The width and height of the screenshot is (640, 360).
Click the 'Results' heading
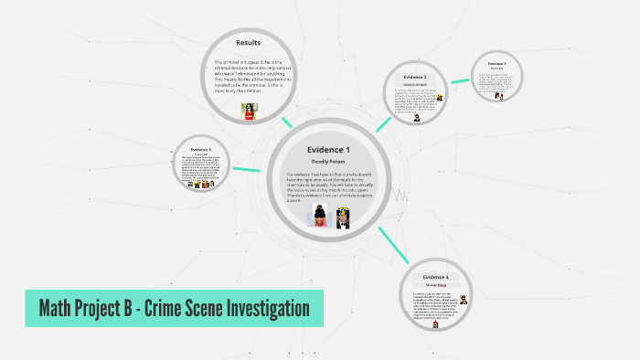(x=249, y=43)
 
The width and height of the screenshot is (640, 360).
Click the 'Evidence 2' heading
(x=416, y=77)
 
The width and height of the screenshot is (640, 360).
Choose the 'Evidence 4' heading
(x=435, y=276)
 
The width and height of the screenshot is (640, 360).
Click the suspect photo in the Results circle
(x=248, y=111)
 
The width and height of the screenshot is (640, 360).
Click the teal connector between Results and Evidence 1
(x=287, y=122)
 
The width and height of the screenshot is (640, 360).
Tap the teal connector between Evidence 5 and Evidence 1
(x=248, y=168)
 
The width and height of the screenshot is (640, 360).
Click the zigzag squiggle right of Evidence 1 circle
(x=400, y=195)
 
